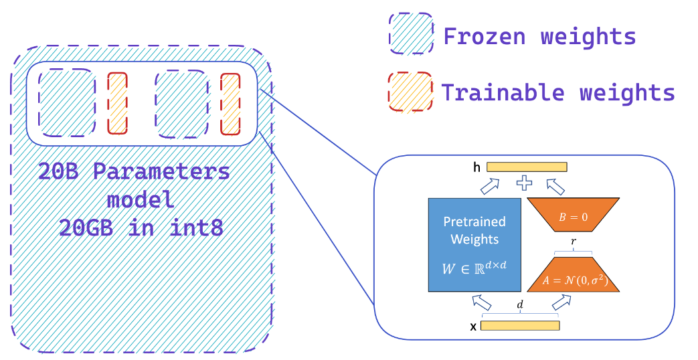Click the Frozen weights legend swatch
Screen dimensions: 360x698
(410, 34)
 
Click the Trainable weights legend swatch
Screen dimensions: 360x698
(410, 91)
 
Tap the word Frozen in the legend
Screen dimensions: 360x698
(485, 35)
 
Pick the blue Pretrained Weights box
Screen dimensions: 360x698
(474, 244)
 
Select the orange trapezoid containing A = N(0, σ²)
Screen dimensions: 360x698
(573, 275)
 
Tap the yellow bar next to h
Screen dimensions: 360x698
(527, 167)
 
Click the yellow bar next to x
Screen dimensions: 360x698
(520, 326)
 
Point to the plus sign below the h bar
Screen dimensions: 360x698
(525, 183)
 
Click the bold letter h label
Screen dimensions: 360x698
(476, 168)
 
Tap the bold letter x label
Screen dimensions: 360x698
(474, 327)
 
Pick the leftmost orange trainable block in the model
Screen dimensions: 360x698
(117, 103)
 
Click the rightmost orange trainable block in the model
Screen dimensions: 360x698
(230, 103)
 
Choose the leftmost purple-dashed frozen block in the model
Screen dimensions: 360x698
(67, 103)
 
